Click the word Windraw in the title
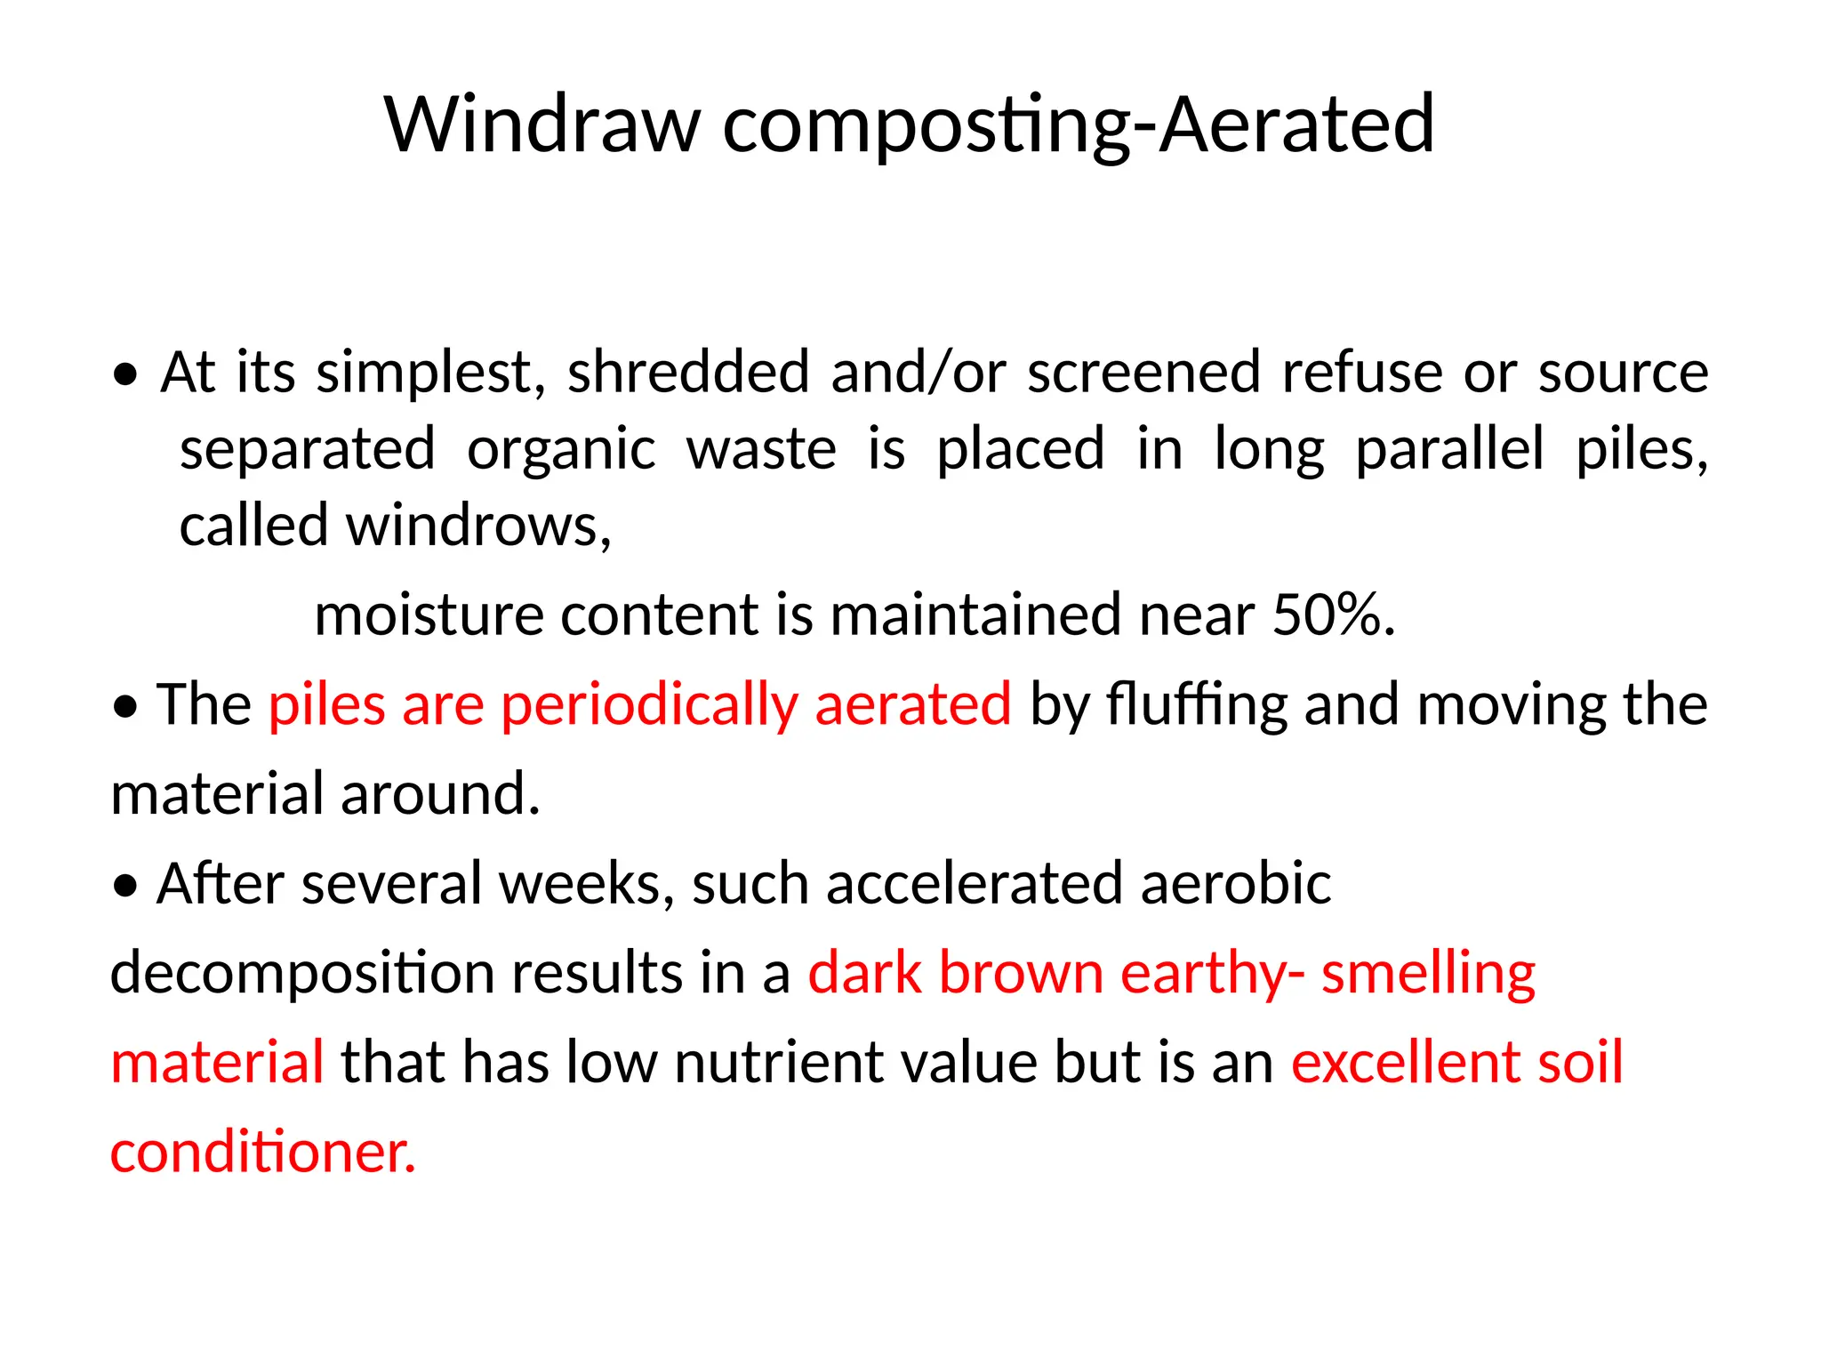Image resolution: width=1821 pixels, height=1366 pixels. (542, 125)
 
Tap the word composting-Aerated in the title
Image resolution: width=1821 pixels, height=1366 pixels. (1078, 125)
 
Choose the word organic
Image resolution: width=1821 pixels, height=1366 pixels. (561, 450)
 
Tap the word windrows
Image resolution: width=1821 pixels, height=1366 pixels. (477, 526)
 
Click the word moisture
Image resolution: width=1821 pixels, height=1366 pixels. (429, 615)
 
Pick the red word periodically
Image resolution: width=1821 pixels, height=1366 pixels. (649, 705)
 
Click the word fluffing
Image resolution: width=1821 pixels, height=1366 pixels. (1196, 705)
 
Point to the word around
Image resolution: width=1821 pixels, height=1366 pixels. (440, 794)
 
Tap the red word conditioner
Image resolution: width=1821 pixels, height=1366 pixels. (262, 1153)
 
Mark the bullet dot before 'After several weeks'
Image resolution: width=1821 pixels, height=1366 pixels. (126, 887)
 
